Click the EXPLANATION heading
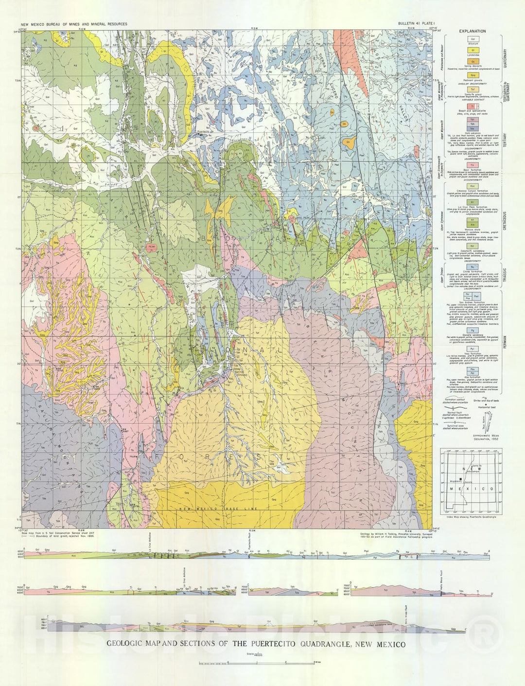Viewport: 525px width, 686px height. [x=472, y=31]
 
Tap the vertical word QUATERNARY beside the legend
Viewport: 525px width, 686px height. [x=505, y=59]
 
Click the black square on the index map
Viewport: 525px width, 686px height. [x=460, y=480]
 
